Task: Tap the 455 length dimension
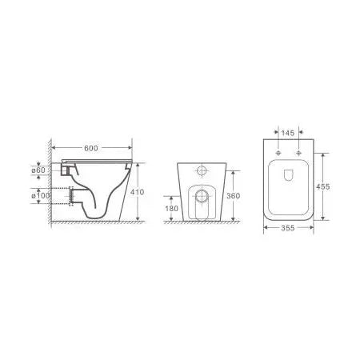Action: coord(322,186)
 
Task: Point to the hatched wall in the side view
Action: coord(50,184)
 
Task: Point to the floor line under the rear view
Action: coord(202,223)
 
